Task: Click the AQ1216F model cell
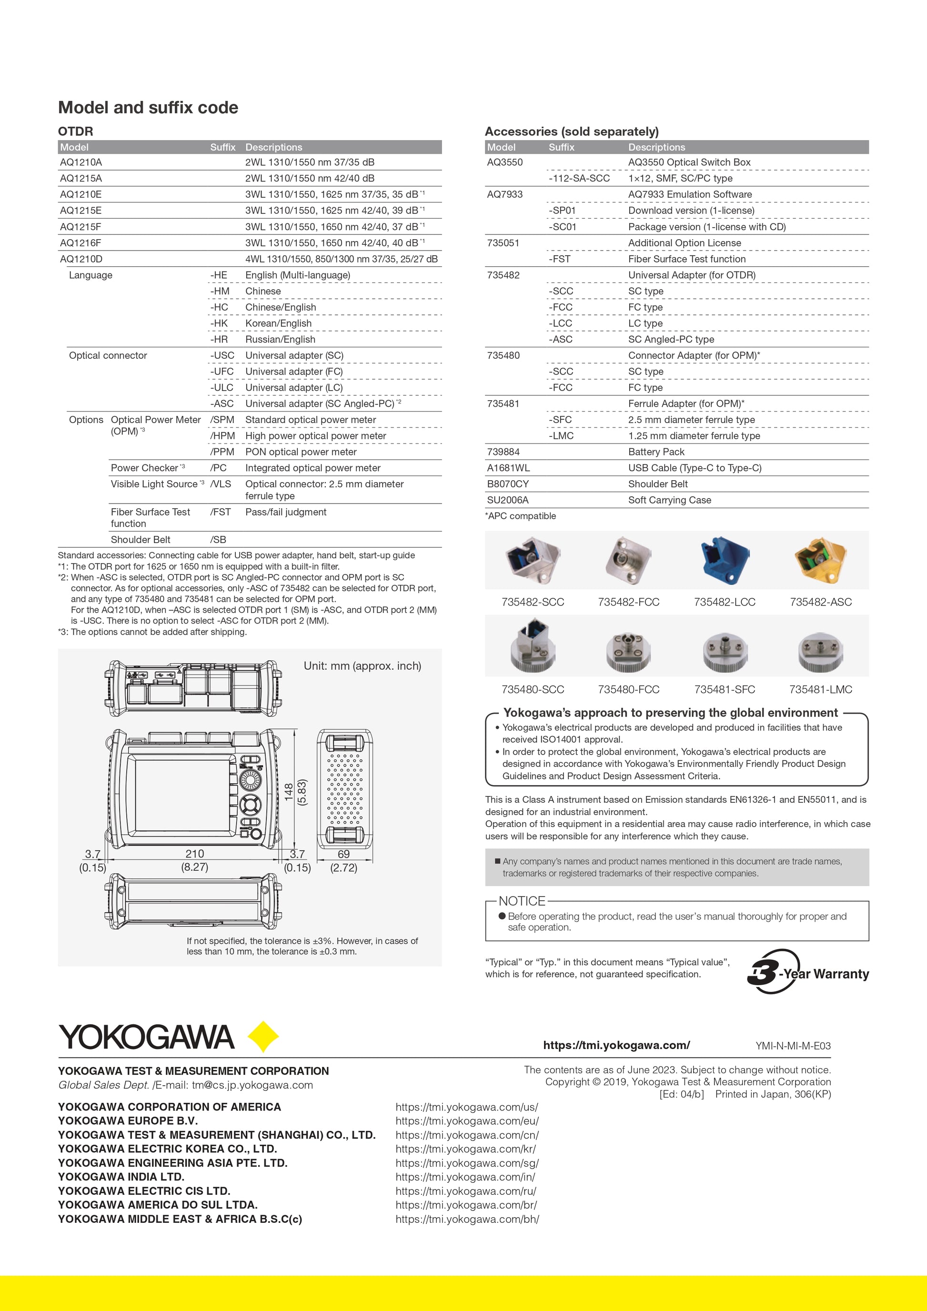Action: tap(81, 242)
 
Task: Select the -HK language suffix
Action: tap(219, 323)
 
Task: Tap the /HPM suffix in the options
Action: tap(222, 436)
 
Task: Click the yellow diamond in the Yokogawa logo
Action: tap(262, 1036)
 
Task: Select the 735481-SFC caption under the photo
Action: tap(725, 689)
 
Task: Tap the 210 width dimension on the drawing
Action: tap(195, 854)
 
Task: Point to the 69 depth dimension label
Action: tap(343, 854)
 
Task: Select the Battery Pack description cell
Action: tap(656, 452)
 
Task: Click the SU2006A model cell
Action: tap(507, 500)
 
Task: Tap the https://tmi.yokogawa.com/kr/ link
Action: tap(466, 1149)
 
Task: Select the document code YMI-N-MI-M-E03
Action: tap(793, 1046)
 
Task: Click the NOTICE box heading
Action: tap(522, 901)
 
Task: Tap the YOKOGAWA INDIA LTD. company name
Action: tap(121, 1177)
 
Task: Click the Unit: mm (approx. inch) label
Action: tap(363, 666)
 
